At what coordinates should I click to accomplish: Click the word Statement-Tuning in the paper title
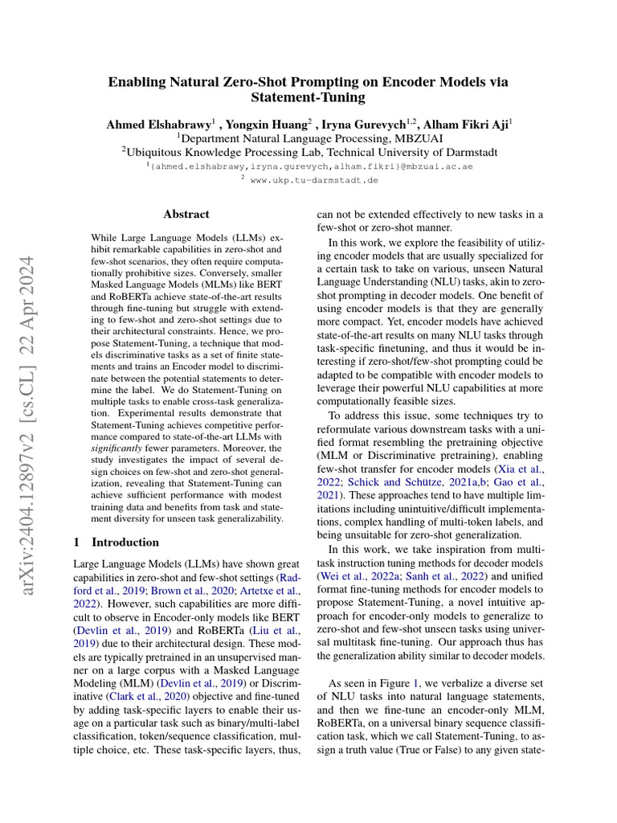[x=308, y=98]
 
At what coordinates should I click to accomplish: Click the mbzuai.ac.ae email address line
[x=309, y=166]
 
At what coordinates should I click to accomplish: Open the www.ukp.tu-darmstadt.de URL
[x=313, y=181]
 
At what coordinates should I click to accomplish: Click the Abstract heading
[x=186, y=215]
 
